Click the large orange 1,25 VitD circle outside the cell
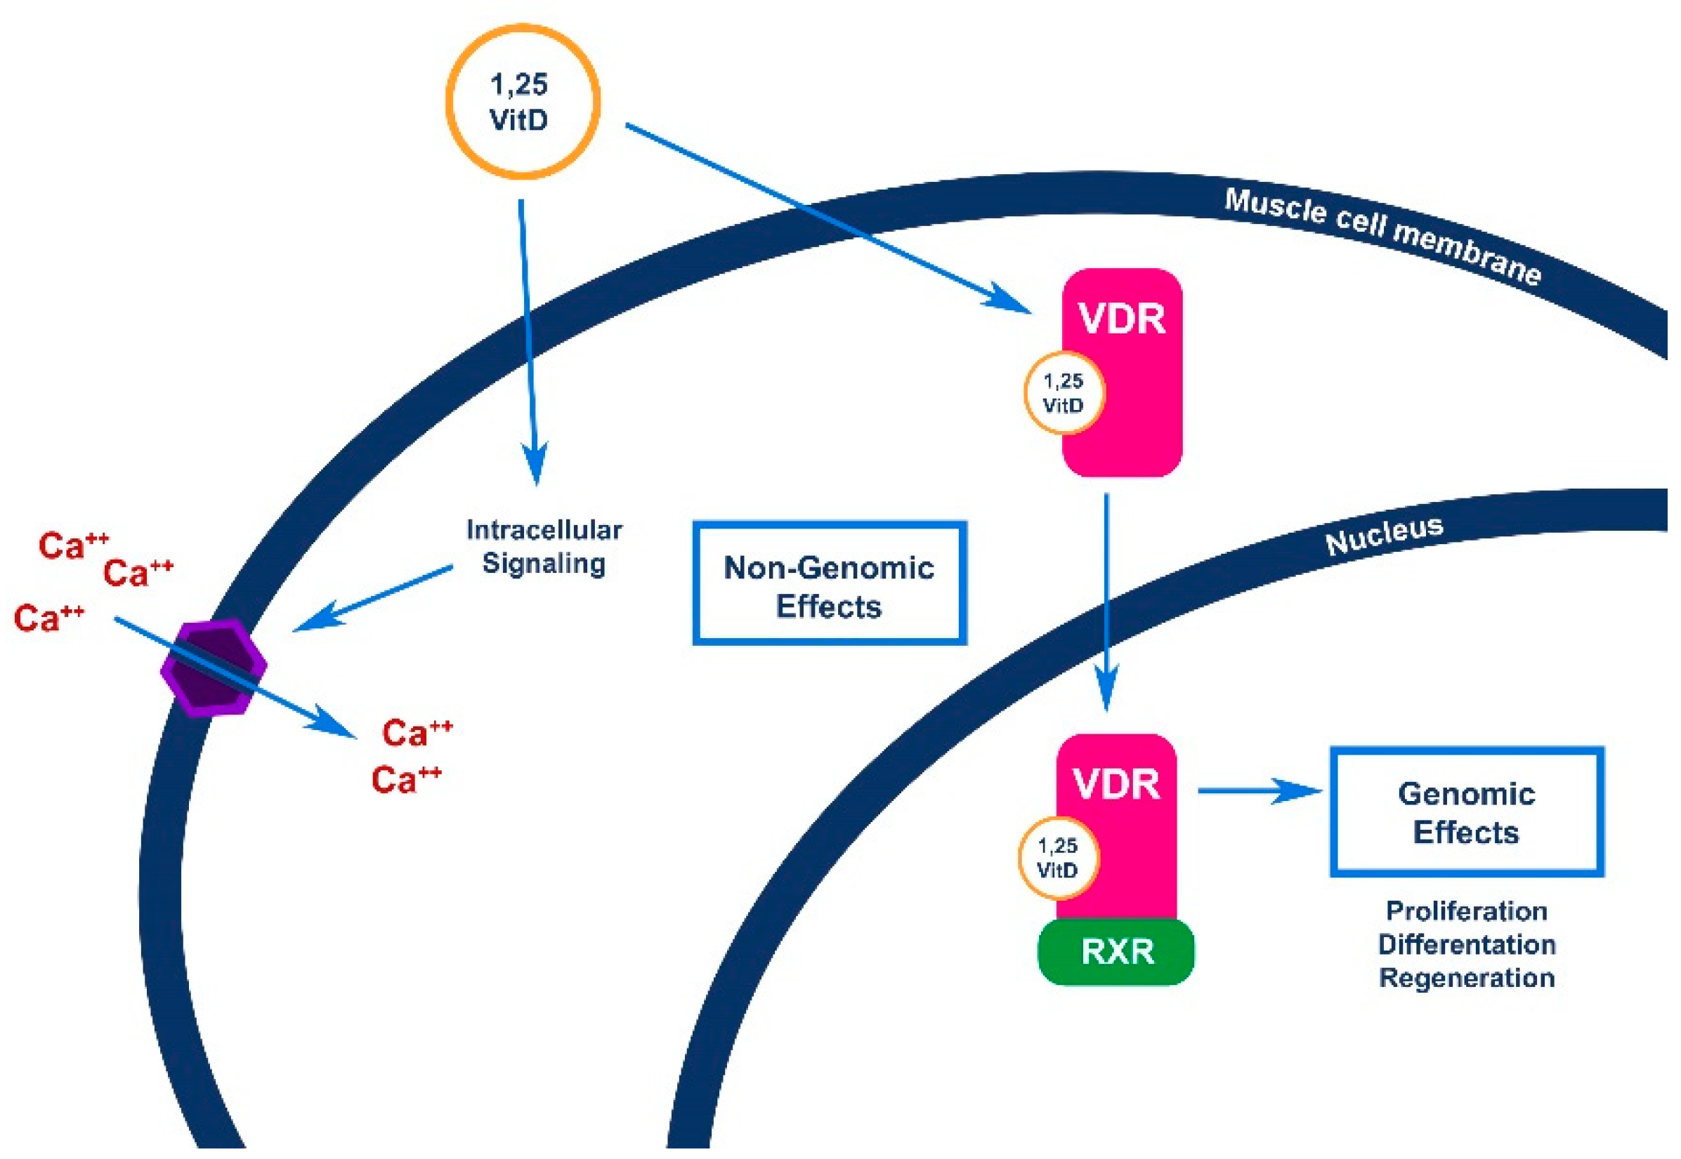click(x=523, y=101)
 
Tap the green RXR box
click(x=1116, y=952)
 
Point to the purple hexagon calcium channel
click(x=214, y=668)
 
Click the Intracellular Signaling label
click(x=544, y=546)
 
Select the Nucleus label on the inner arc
click(x=1384, y=535)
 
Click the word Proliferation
click(x=1466, y=910)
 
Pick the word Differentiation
click(x=1466, y=944)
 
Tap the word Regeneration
click(x=1466, y=977)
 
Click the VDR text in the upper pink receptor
click(x=1122, y=319)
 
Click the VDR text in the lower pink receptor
click(x=1116, y=783)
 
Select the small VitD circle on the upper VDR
click(x=1064, y=393)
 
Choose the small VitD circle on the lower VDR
click(x=1058, y=859)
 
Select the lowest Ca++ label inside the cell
click(x=405, y=780)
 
